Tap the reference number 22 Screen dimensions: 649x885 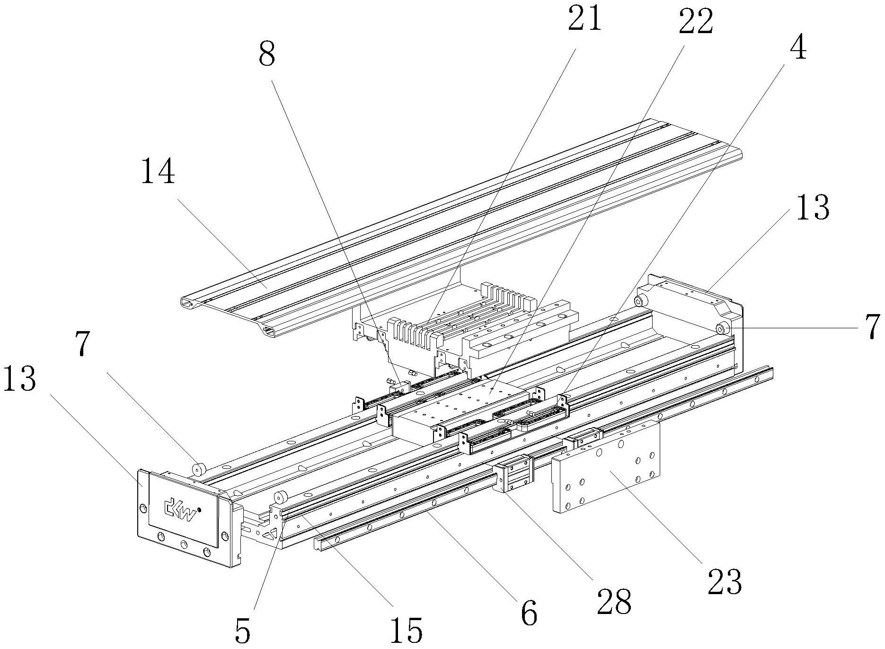click(x=695, y=22)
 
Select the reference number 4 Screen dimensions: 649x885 click(x=798, y=48)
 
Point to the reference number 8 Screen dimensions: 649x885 click(x=267, y=55)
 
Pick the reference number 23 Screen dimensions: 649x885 click(x=725, y=582)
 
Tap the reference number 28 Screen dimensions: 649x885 click(x=614, y=602)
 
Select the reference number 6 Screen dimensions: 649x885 click(x=529, y=613)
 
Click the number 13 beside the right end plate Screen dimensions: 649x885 click(x=813, y=208)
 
